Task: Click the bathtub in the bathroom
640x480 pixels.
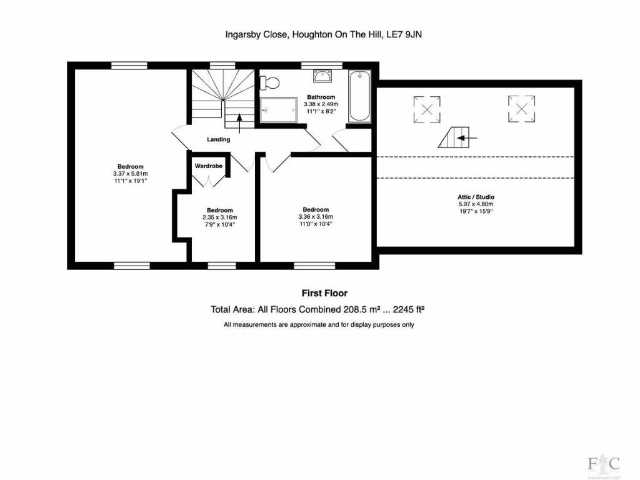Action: click(x=359, y=97)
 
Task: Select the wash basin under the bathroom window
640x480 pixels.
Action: click(x=323, y=76)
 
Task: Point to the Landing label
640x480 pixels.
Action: click(x=219, y=139)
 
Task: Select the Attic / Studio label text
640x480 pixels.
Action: click(x=476, y=197)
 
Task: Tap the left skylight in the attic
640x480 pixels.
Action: click(x=426, y=109)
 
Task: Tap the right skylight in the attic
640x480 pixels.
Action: click(x=521, y=107)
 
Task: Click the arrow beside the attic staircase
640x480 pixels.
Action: click(x=469, y=137)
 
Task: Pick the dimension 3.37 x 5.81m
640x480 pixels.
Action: click(x=131, y=173)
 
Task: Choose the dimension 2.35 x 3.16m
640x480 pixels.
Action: click(x=220, y=217)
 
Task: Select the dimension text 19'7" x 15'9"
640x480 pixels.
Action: click(x=476, y=211)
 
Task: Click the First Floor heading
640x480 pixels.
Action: click(x=324, y=293)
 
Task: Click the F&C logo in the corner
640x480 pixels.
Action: click(x=604, y=464)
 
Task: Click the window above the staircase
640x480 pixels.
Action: click(x=218, y=65)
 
